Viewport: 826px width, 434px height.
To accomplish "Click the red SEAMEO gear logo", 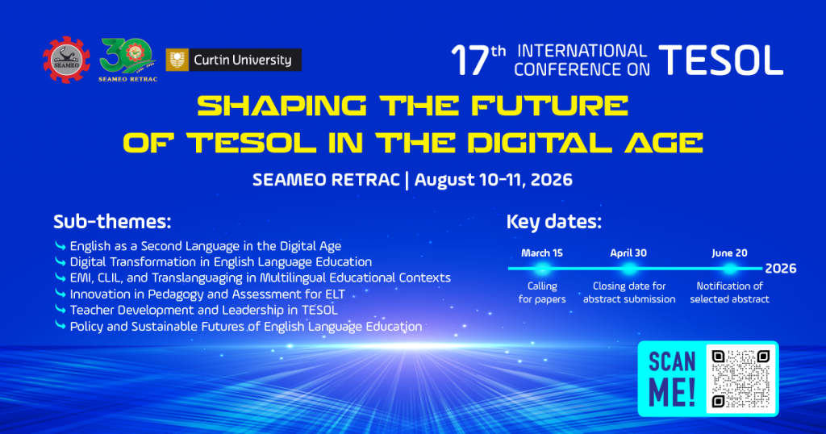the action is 66,60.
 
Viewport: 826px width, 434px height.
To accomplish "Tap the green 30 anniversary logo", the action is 127,60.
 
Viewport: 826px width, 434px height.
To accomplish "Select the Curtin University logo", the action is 233,60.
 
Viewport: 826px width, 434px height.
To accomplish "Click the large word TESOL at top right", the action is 720,60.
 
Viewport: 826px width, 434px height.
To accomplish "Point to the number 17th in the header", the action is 478,60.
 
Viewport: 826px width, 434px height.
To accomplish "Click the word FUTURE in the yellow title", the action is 549,106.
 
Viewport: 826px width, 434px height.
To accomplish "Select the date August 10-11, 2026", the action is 493,180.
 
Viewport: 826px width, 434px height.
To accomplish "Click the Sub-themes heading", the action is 112,222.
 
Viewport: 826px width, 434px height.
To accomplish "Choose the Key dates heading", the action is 553,222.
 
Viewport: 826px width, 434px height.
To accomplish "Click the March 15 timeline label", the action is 542,252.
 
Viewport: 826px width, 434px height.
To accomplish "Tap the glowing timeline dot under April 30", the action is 628,269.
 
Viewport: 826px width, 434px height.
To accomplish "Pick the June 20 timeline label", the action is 729,252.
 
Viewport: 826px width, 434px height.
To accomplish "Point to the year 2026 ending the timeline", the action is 781,269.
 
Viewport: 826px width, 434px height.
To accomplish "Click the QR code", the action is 740,378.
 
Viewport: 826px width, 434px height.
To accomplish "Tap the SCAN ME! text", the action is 672,378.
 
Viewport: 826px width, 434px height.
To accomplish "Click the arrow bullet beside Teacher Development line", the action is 60,309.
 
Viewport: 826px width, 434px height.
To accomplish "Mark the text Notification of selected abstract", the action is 729,292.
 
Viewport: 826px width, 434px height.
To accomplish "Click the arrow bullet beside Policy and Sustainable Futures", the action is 60,326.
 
